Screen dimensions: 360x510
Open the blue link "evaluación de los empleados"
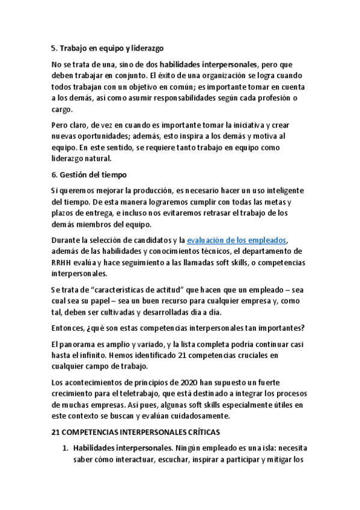click(237, 239)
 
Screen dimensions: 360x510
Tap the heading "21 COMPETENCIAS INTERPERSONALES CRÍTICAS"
click(136, 432)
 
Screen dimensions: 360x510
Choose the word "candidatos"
click(154, 239)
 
